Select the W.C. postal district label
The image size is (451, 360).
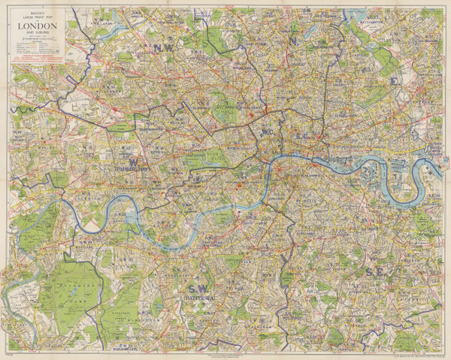pos(267,133)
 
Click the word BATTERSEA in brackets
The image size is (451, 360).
pos(201,298)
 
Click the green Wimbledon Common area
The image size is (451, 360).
pos(125,301)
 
